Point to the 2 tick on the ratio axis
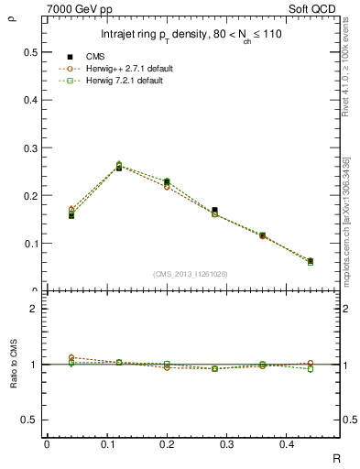(x=33, y=309)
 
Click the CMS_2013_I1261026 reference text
(x=191, y=273)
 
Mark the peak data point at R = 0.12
(x=119, y=167)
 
